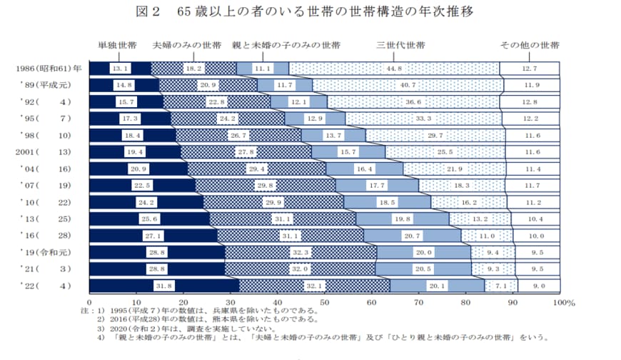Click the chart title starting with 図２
pos(310,12)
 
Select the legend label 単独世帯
pos(118,46)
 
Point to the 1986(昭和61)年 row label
pos(48,69)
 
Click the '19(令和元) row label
pos(48,252)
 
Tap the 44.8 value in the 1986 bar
pos(393,69)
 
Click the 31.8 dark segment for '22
pos(163,286)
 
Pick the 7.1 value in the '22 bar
pos(500,286)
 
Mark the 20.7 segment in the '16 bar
pos(412,236)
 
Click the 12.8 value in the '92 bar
pos(529,102)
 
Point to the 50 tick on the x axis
pos(324,303)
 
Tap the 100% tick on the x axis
pos(562,303)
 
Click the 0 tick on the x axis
pos(89,303)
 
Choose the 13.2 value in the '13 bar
pos(480,219)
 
